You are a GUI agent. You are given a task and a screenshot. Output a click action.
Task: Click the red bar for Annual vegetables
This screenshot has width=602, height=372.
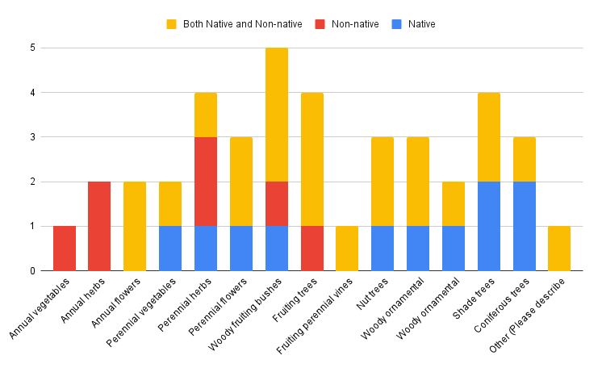pos(65,249)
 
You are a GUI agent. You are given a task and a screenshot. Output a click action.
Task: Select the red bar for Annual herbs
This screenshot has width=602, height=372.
pos(99,226)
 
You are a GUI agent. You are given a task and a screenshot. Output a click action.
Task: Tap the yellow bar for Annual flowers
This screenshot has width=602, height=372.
pos(135,226)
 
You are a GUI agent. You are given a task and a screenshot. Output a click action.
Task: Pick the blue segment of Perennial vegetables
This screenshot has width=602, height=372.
pos(170,249)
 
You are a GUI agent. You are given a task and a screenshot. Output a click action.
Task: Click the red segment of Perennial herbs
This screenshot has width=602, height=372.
pos(206,182)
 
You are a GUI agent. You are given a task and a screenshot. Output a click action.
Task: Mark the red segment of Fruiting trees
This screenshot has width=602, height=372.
pos(311,249)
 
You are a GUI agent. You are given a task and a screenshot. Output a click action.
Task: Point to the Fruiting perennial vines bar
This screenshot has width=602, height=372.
pos(347,249)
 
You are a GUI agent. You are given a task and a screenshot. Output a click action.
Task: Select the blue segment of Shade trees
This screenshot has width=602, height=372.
pos(488,226)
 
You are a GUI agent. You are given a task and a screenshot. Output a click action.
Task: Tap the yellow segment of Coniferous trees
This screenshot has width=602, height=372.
pos(524,159)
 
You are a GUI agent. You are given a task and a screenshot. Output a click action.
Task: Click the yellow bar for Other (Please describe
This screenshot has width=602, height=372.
pos(559,249)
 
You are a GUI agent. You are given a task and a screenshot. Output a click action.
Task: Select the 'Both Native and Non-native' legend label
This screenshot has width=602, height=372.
pos(242,24)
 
